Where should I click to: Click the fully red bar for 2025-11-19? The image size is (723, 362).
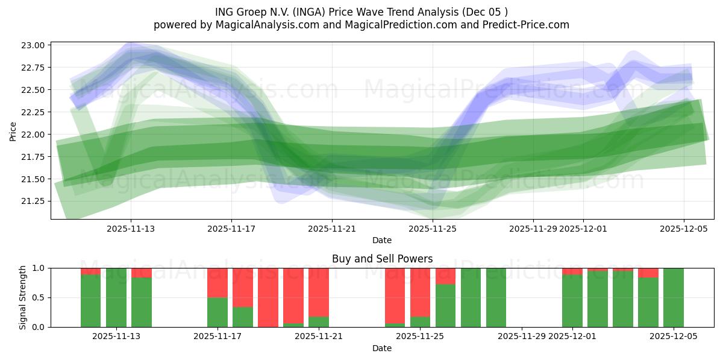click(268, 297)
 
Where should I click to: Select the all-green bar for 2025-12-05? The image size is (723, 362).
click(674, 297)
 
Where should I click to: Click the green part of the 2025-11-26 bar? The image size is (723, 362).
click(445, 305)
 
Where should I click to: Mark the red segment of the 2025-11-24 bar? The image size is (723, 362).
click(395, 296)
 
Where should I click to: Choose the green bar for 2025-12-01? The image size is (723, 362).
click(572, 300)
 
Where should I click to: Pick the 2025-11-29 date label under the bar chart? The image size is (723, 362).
click(522, 336)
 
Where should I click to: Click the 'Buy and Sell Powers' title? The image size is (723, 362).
click(382, 259)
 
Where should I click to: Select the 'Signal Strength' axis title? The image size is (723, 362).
click(23, 297)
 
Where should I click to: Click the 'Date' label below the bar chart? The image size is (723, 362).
click(382, 348)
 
